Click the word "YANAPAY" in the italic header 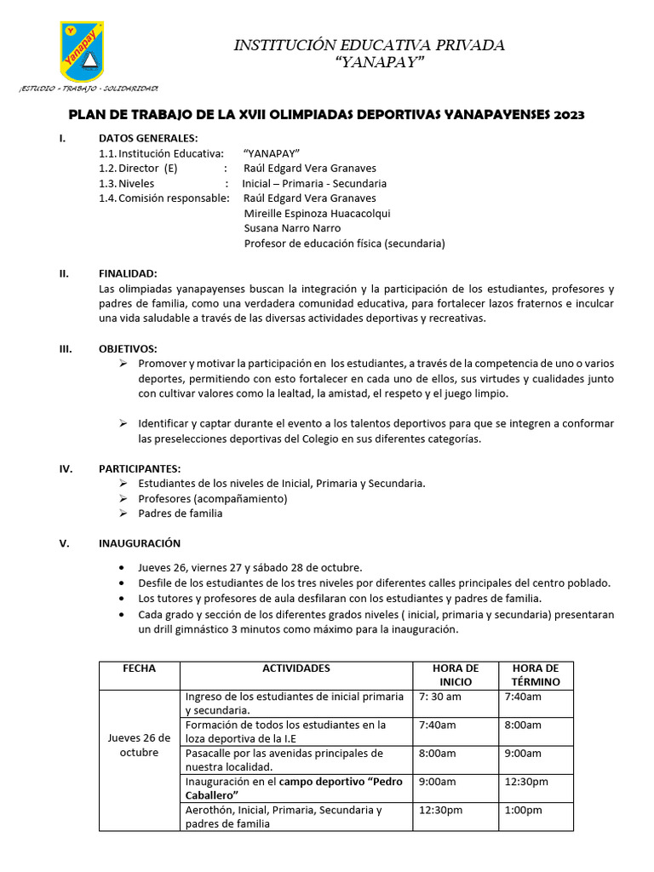369,65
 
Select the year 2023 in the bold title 567,115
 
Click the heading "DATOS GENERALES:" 148,138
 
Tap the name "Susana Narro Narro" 292,228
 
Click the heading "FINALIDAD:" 128,273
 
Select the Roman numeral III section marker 65,348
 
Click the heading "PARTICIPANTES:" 140,468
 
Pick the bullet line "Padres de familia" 181,513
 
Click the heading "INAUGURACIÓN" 140,543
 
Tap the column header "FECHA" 140,669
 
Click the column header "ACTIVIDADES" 296,669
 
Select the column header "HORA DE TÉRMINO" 536,675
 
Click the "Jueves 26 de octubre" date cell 140,745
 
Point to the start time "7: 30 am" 440,697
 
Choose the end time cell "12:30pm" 526,782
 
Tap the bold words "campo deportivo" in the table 319,782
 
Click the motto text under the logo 89,89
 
